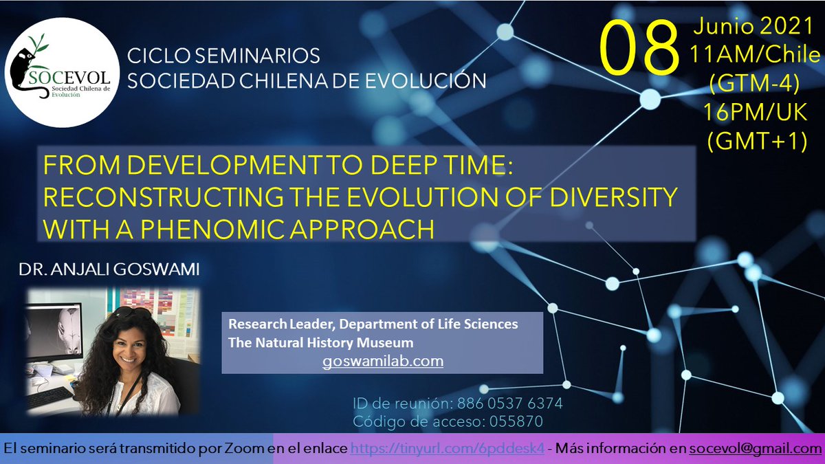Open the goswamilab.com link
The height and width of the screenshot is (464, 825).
click(x=383, y=361)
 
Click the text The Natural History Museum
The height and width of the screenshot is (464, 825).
click(x=322, y=342)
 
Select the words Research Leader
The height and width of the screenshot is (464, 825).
click(x=273, y=324)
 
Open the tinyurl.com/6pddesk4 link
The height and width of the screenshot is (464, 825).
click(x=448, y=448)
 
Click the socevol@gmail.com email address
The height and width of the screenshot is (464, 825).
click(x=751, y=448)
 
